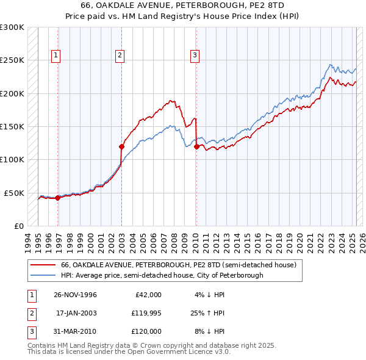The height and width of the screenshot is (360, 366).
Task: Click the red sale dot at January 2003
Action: (x=121, y=146)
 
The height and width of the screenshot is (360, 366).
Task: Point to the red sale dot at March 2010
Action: (x=196, y=146)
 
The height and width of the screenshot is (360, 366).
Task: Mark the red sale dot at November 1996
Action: (x=57, y=198)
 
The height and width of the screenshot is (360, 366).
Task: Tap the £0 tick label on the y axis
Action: (x=18, y=226)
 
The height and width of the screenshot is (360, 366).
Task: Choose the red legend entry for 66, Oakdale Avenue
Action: (x=178, y=265)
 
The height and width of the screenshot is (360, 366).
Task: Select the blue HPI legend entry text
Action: (x=162, y=275)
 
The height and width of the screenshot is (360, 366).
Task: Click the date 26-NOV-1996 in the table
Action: (x=75, y=295)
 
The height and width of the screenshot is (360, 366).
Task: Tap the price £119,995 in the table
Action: (x=145, y=313)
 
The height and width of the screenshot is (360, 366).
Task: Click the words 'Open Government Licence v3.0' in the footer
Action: (x=178, y=352)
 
